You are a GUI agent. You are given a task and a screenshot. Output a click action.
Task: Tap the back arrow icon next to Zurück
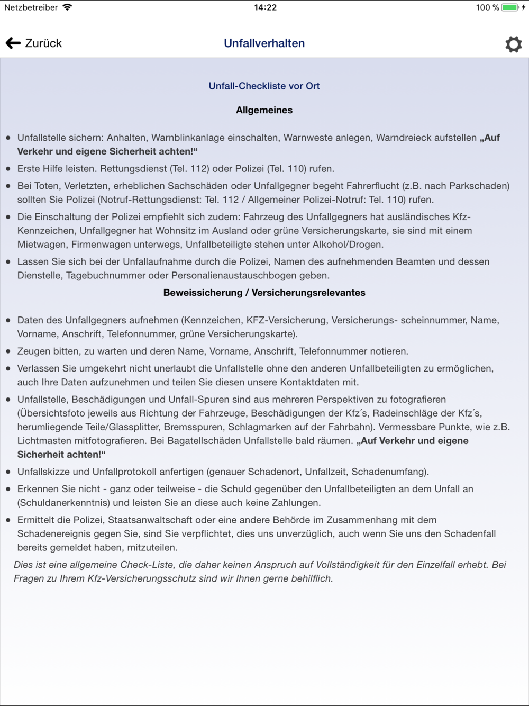[13, 43]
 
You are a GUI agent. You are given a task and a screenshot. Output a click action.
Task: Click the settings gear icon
[513, 44]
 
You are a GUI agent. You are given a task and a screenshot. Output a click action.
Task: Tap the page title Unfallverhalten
[264, 43]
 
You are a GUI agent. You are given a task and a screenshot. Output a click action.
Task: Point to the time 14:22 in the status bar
[265, 7]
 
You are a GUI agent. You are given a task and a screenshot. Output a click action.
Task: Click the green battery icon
[510, 7]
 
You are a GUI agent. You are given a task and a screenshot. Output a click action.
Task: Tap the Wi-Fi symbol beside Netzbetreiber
[67, 7]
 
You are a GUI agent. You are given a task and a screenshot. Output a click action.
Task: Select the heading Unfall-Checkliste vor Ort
[264, 86]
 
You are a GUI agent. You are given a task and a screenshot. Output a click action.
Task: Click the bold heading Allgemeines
[264, 110]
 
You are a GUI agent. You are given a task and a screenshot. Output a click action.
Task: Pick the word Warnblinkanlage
[188, 138]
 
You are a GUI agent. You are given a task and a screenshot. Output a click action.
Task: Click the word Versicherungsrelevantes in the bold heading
[308, 293]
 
